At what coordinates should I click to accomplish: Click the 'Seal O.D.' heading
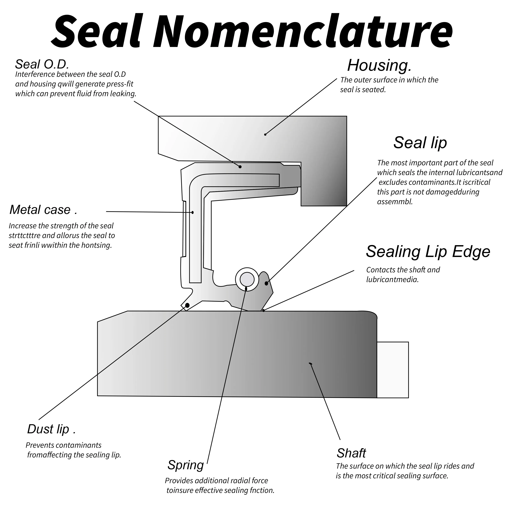click(42, 64)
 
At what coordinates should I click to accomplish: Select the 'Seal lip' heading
click(420, 143)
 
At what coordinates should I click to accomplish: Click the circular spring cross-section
click(247, 279)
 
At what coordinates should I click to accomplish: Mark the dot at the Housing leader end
click(265, 134)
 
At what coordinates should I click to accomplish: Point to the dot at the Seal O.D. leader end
click(240, 167)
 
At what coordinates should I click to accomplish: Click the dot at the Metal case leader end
click(193, 212)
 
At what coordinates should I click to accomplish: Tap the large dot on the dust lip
click(187, 305)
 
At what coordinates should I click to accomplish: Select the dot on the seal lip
click(266, 283)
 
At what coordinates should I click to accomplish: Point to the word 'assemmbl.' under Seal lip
click(395, 202)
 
